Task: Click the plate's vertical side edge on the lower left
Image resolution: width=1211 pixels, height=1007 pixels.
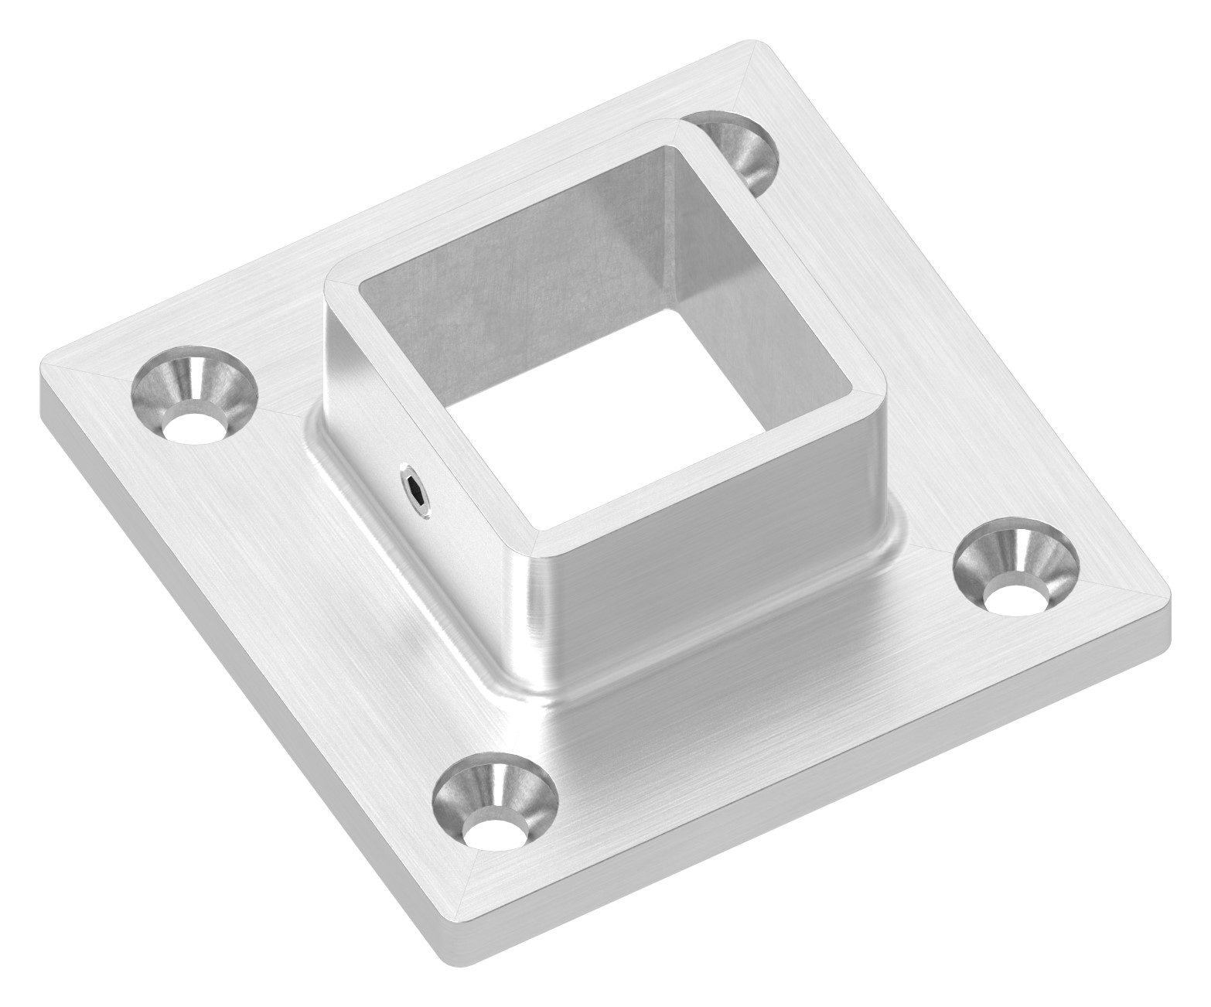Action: (232, 665)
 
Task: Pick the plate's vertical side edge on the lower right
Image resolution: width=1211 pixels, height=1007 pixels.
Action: (851, 781)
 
